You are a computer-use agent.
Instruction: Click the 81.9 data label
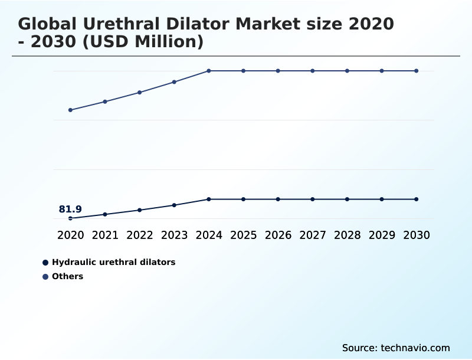pyautogui.click(x=70, y=210)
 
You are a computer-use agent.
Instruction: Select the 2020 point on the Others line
pyautogui.click(x=70, y=110)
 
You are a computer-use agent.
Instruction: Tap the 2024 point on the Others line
pyautogui.click(x=209, y=71)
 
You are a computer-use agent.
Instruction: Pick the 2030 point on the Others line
pyautogui.click(x=416, y=71)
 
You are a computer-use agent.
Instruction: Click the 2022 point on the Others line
pyautogui.click(x=140, y=92)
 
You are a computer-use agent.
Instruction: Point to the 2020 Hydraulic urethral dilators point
pyautogui.click(x=70, y=218)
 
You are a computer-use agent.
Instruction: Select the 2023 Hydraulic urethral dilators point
pyautogui.click(x=174, y=205)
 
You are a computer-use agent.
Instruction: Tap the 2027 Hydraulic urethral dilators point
pyautogui.click(x=313, y=199)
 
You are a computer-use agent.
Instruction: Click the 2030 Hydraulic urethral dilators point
pyautogui.click(x=416, y=199)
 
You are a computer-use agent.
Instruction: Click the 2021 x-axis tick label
pyautogui.click(x=105, y=235)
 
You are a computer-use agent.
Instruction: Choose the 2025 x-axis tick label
pyautogui.click(x=243, y=235)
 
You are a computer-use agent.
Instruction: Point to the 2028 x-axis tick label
pyautogui.click(x=347, y=235)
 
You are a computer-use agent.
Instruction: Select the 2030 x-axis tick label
pyautogui.click(x=416, y=235)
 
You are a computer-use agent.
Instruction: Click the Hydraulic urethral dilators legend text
pyautogui.click(x=113, y=262)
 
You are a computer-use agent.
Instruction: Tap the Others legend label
pyautogui.click(x=67, y=276)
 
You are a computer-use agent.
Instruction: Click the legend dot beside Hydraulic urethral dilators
pyautogui.click(x=45, y=262)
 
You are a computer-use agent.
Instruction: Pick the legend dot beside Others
pyautogui.click(x=45, y=276)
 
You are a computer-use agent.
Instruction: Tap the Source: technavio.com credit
pyautogui.click(x=396, y=348)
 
